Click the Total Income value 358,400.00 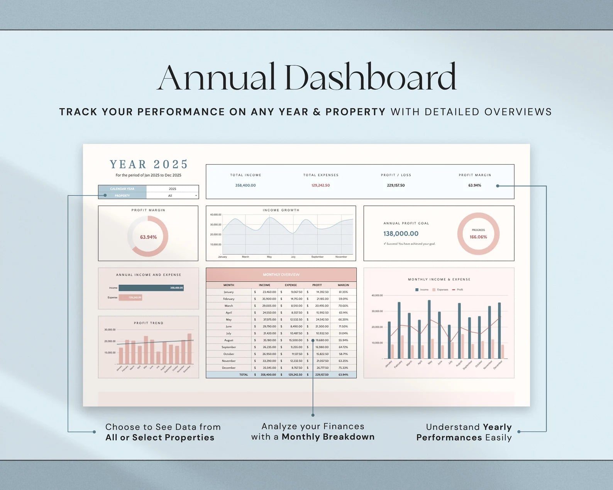coord(246,185)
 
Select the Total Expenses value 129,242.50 coord(320,185)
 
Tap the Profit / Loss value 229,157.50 coord(396,185)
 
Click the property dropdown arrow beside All coord(196,196)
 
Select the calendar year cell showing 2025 coord(172,189)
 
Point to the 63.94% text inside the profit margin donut coord(148,237)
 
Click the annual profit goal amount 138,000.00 coord(401,233)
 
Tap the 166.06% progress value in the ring coord(478,237)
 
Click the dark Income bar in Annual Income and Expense coord(151,288)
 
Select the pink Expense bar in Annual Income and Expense coord(130,297)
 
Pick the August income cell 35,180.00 coord(269,340)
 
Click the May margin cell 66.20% coord(343,319)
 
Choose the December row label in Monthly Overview coord(229,368)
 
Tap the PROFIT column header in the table coord(317,285)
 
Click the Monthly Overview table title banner coord(281,275)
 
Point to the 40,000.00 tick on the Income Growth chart coord(215,215)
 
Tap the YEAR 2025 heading coord(149,164)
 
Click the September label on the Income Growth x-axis coord(317,257)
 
